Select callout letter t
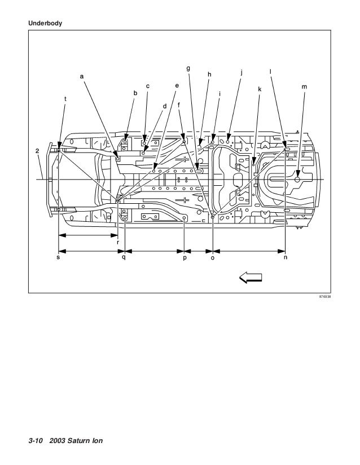(x=65, y=99)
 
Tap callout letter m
(x=304, y=87)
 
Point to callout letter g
(x=188, y=68)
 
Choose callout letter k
(x=259, y=89)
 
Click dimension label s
(x=58, y=258)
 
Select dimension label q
(x=123, y=258)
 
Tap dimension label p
(x=185, y=258)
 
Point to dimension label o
(x=212, y=258)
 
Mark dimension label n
(x=286, y=258)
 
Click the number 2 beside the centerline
(x=37, y=151)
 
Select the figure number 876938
(x=325, y=296)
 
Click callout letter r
(x=117, y=242)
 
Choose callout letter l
(x=271, y=71)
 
